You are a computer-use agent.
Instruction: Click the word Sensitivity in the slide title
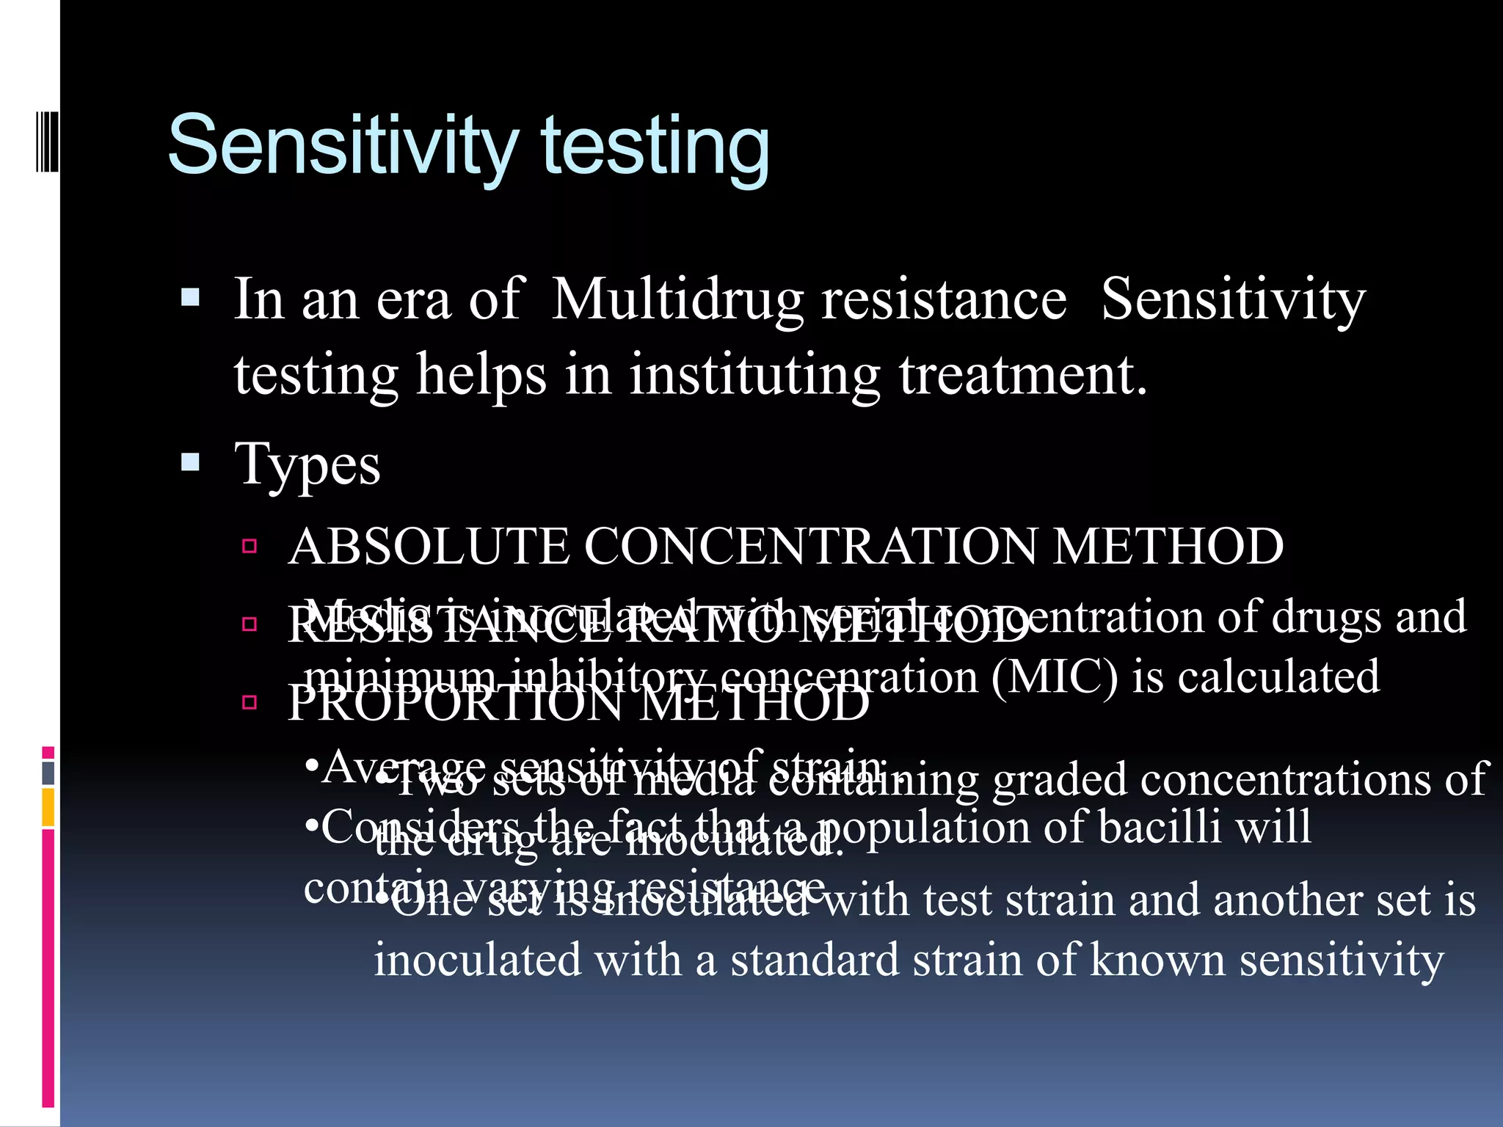pyautogui.click(x=343, y=145)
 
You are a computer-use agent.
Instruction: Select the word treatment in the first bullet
pyautogui.click(x=1022, y=375)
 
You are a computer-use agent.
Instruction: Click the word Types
pyautogui.click(x=307, y=465)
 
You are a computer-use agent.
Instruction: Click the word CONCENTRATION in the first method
pyautogui.click(x=810, y=547)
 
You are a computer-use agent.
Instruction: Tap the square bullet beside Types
pyautogui.click(x=190, y=462)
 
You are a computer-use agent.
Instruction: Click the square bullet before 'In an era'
pyautogui.click(x=190, y=297)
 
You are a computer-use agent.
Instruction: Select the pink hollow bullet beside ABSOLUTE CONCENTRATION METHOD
pyautogui.click(x=250, y=546)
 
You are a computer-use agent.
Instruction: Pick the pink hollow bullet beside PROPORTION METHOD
pyautogui.click(x=250, y=703)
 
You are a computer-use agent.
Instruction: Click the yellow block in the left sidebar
pyautogui.click(x=48, y=807)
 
